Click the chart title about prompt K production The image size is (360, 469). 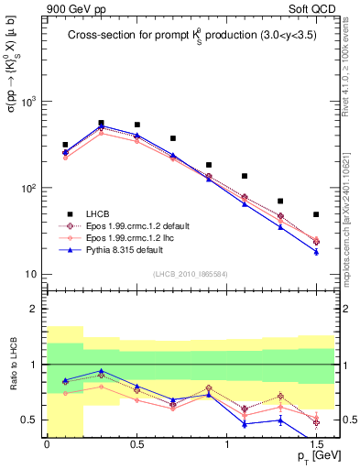click(x=191, y=36)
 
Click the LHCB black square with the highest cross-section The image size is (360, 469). click(x=101, y=123)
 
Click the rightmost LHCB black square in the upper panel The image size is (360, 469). click(x=316, y=214)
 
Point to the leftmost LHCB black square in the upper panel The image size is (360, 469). click(x=65, y=145)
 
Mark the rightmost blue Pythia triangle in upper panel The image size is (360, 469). click(x=316, y=252)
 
